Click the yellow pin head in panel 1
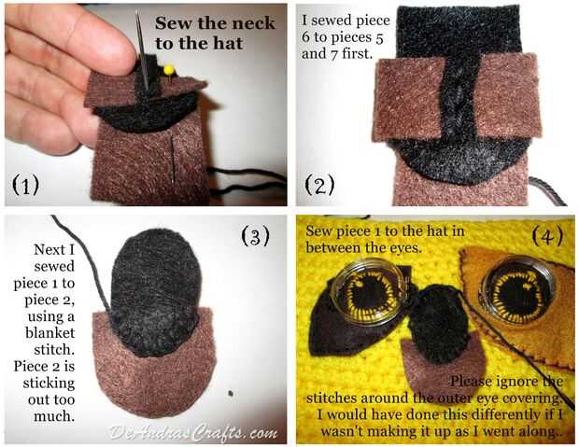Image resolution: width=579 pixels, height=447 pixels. pyautogui.click(x=169, y=69)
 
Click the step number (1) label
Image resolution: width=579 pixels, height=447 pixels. pyautogui.click(x=25, y=185)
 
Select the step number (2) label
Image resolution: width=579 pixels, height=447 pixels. pyautogui.click(x=319, y=185)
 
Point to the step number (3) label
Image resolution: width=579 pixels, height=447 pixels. pyautogui.click(x=255, y=236)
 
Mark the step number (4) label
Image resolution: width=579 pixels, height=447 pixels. pyautogui.click(x=547, y=236)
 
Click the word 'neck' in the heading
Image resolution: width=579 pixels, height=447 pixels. pyautogui.click(x=254, y=23)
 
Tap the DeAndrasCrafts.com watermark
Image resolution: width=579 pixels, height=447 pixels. pyautogui.click(x=193, y=432)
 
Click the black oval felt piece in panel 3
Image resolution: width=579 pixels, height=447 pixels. pyautogui.click(x=155, y=291)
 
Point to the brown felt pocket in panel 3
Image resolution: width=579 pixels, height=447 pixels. pyautogui.click(x=153, y=372)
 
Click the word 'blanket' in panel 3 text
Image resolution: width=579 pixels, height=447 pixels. pyautogui.click(x=49, y=333)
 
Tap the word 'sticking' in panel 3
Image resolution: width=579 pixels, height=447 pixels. pyautogui.click(x=49, y=384)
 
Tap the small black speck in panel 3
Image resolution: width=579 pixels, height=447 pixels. pyautogui.click(x=231, y=394)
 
